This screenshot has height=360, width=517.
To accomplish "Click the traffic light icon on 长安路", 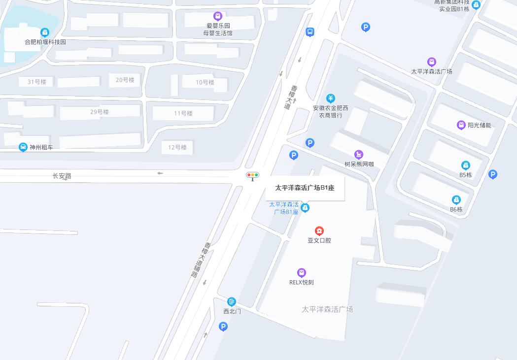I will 253,175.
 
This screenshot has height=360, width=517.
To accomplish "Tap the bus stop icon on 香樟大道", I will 310,32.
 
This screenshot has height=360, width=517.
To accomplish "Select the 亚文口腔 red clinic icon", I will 319,231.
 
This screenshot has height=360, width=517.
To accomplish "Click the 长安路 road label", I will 62,176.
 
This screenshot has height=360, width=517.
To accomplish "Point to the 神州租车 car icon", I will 23,147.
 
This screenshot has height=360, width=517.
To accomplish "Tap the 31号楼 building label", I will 37,82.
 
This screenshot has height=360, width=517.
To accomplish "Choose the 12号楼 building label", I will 177,147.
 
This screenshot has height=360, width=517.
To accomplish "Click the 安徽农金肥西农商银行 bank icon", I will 331,98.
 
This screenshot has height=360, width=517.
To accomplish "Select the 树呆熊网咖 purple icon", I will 359,155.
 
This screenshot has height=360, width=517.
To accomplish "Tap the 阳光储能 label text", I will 479,125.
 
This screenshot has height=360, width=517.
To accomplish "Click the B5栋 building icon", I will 465,165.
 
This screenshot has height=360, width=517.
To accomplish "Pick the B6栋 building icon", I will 456,200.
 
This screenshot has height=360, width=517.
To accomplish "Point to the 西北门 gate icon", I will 232,301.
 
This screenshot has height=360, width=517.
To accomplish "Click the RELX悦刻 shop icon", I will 302,273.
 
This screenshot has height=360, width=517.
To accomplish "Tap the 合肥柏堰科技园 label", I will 45,42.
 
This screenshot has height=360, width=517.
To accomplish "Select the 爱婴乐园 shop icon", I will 217,16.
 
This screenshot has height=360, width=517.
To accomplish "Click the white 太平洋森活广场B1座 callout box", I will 305,188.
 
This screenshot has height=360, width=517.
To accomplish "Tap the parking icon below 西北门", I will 223,326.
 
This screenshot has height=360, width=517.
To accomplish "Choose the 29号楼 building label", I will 100,112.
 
